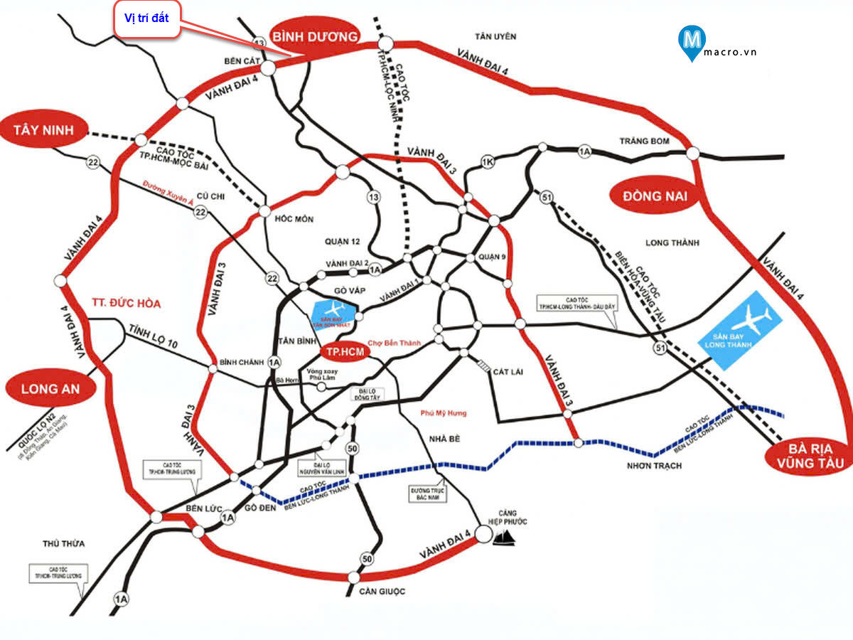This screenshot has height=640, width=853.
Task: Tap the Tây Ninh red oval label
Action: point(45,130)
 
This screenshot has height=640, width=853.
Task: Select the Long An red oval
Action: point(50,388)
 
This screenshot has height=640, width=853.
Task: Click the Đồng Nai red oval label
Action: point(655,196)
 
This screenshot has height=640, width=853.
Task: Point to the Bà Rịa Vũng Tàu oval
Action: point(810,456)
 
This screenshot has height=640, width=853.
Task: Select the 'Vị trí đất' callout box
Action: point(146,19)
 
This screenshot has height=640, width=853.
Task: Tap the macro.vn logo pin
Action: point(692,41)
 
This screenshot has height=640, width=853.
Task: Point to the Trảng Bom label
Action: point(644,141)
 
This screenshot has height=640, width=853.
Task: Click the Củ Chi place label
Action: point(211,195)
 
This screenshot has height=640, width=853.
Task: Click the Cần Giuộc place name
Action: point(381,592)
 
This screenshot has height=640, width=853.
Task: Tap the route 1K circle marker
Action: point(487,161)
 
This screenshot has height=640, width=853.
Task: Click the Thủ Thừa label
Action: point(63,543)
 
